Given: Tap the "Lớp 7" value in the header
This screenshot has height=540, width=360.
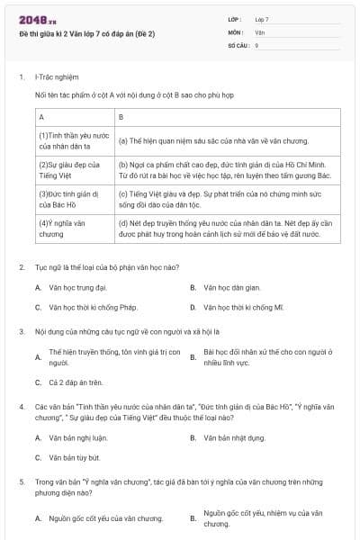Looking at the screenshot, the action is (x=262, y=19).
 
